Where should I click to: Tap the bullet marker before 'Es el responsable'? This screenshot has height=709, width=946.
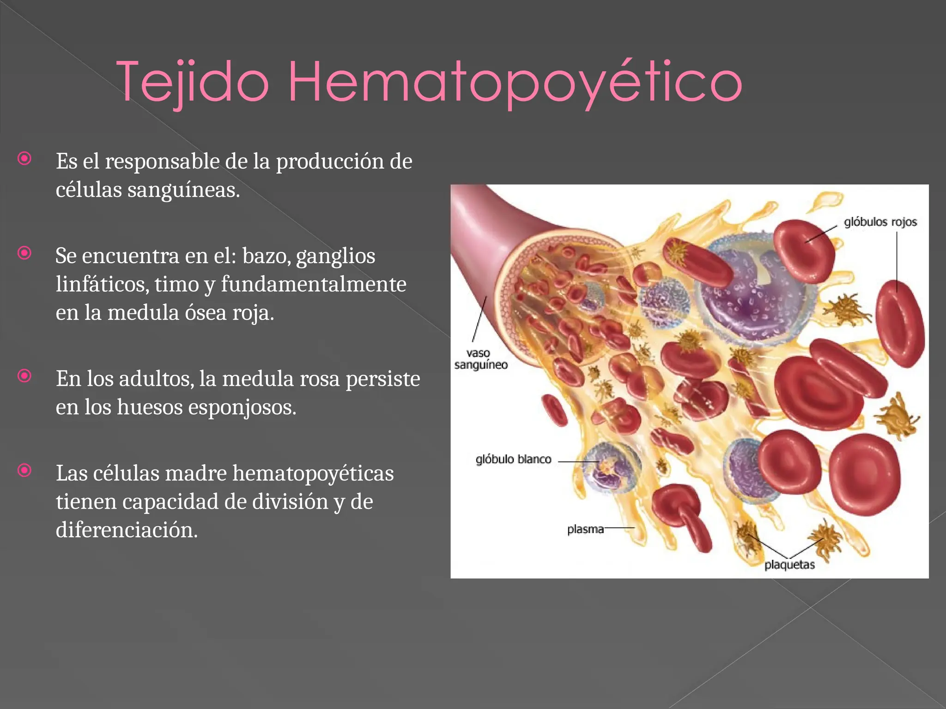pyautogui.click(x=24, y=159)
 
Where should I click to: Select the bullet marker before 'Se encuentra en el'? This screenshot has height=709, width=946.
pyautogui.click(x=24, y=253)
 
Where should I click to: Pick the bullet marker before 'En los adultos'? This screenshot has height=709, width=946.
pyautogui.click(x=24, y=376)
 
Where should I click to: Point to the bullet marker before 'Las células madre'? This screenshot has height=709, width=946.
pyautogui.click(x=24, y=471)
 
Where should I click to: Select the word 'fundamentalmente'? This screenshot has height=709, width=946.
pyautogui.click(x=314, y=284)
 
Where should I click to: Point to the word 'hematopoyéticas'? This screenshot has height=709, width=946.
pyautogui.click(x=313, y=474)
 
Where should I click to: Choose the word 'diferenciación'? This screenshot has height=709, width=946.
pyautogui.click(x=127, y=530)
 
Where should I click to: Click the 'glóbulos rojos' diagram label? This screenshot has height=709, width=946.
pyautogui.click(x=880, y=222)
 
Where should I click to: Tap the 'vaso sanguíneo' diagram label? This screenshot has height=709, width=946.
pyautogui.click(x=480, y=359)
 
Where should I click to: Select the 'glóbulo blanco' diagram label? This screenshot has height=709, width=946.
pyautogui.click(x=513, y=459)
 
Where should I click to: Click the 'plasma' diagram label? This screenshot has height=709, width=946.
pyautogui.click(x=585, y=529)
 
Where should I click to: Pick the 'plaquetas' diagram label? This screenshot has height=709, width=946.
pyautogui.click(x=789, y=565)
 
